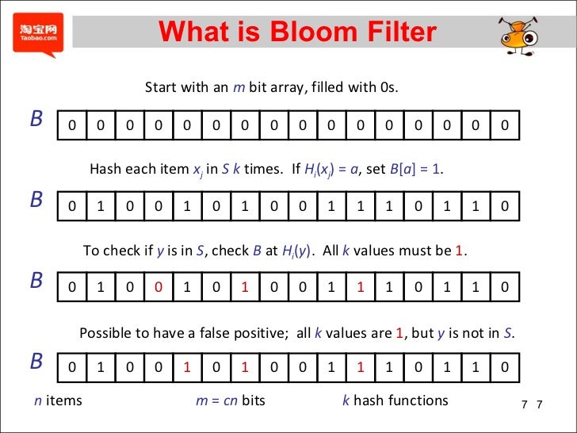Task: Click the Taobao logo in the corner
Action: [37, 34]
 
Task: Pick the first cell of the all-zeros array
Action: [71, 125]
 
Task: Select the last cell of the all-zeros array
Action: [504, 125]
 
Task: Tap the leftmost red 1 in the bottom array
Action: [187, 368]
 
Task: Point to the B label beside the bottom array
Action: [36, 362]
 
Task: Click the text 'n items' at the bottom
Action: [58, 400]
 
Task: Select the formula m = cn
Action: [216, 400]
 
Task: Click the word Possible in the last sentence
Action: [106, 334]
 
